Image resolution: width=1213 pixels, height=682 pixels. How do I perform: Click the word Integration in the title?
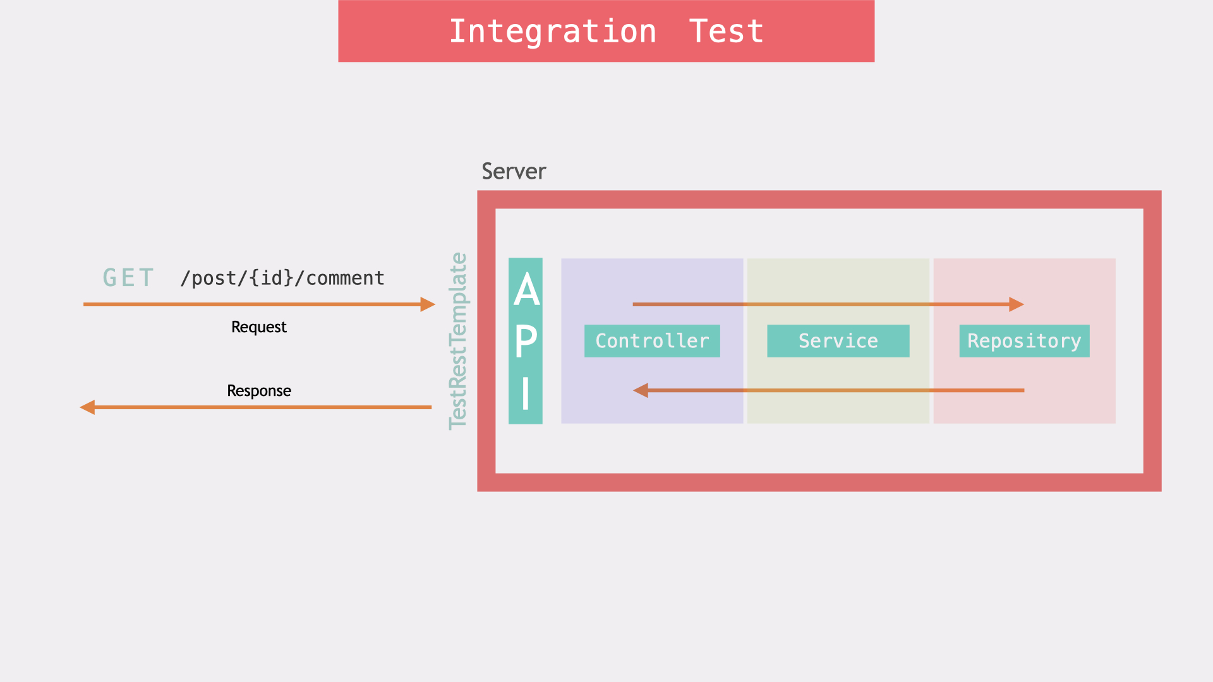pyautogui.click(x=553, y=32)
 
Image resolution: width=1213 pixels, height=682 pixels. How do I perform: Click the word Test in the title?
pyautogui.click(x=726, y=32)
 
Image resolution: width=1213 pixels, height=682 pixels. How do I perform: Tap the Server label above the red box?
pyautogui.click(x=514, y=171)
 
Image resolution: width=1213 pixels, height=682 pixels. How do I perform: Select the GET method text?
pyautogui.click(x=128, y=278)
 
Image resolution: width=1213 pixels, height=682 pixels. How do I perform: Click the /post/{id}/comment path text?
pyautogui.click(x=282, y=278)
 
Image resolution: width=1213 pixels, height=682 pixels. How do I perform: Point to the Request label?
pyautogui.click(x=258, y=327)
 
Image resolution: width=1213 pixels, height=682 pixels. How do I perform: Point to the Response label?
pyautogui.click(x=258, y=391)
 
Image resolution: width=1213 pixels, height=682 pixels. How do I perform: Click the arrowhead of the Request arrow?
pyautogui.click(x=428, y=304)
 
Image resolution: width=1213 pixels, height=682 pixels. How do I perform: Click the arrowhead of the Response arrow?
pyautogui.click(x=87, y=407)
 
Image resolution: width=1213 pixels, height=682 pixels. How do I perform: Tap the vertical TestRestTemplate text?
pyautogui.click(x=458, y=341)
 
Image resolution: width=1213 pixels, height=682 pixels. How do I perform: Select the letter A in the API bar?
pyautogui.click(x=526, y=290)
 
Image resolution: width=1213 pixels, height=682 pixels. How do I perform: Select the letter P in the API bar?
pyautogui.click(x=526, y=342)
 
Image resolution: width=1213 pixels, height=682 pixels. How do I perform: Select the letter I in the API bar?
pyautogui.click(x=526, y=393)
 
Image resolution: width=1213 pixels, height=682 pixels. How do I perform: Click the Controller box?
pyautogui.click(x=652, y=341)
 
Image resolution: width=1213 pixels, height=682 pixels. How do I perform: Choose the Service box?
pyautogui.click(x=838, y=341)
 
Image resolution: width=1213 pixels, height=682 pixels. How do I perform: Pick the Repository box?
pyautogui.click(x=1024, y=341)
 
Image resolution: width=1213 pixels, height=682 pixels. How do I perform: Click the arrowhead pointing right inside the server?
pyautogui.click(x=1017, y=304)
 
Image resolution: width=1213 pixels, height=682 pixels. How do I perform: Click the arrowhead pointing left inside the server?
pyautogui.click(x=641, y=390)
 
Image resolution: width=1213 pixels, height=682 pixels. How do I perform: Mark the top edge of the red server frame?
pyautogui.click(x=819, y=200)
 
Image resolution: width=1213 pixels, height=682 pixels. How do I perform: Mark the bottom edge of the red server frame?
pyautogui.click(x=819, y=482)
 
